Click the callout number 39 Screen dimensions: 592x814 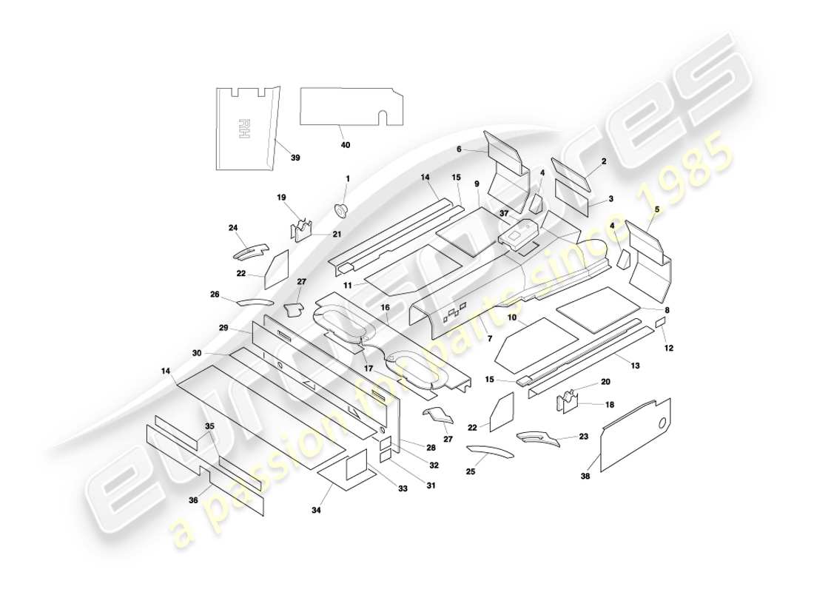tap(295, 158)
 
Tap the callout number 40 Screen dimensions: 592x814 tap(345, 145)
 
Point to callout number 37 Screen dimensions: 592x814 tap(504, 214)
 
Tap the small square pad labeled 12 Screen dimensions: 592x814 tap(661, 323)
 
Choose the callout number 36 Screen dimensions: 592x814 tap(193, 500)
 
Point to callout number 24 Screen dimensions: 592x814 tap(233, 228)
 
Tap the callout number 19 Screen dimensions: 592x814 tap(280, 198)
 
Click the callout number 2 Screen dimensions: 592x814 tap(604, 161)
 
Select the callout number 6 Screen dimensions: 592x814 tap(459, 149)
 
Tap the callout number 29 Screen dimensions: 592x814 tap(223, 327)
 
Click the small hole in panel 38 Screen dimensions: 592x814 tap(663, 424)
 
